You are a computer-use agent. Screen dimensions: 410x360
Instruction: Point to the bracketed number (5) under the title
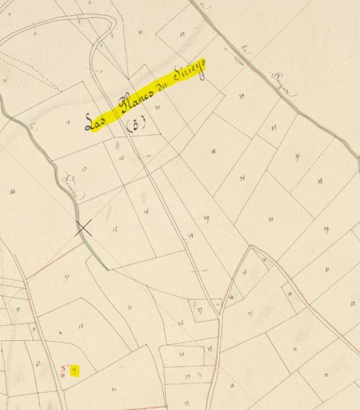point(136,123)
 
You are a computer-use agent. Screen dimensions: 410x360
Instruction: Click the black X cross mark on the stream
point(84,229)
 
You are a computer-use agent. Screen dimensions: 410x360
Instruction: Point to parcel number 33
point(241,96)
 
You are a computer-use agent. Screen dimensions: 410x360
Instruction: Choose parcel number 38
point(320,181)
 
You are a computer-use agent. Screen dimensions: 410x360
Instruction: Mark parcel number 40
point(271,219)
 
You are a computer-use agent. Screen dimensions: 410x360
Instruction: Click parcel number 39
point(326,229)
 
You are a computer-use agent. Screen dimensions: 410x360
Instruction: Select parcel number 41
point(327,269)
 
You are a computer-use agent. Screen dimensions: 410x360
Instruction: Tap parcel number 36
point(242,178)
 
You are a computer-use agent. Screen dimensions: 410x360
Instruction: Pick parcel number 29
point(206,218)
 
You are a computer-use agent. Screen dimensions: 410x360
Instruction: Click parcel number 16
point(146,211)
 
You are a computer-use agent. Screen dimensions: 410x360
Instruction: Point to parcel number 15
point(115,229)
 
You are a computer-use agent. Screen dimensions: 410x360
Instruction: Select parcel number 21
point(129,307)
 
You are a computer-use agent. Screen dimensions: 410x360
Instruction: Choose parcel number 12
point(67,123)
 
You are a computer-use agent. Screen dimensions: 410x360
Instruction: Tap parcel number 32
point(182,35)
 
